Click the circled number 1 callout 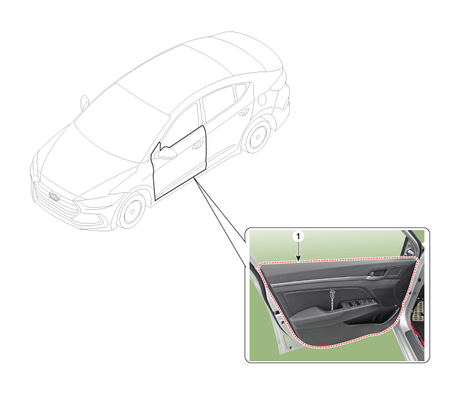coord(298,236)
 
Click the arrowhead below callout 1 coord(298,258)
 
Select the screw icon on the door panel coord(332,293)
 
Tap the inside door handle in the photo coord(377,273)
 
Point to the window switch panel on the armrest coord(359,303)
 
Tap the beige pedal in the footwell coord(418,311)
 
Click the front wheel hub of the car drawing coord(132,211)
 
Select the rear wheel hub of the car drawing coord(258,136)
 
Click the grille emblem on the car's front coord(54,197)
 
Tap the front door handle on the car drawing coord(197,144)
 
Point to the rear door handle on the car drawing coord(244,112)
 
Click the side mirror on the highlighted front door coord(166,153)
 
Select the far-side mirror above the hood coord(85,102)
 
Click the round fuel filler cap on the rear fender coord(262,99)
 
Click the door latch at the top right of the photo coord(410,251)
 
